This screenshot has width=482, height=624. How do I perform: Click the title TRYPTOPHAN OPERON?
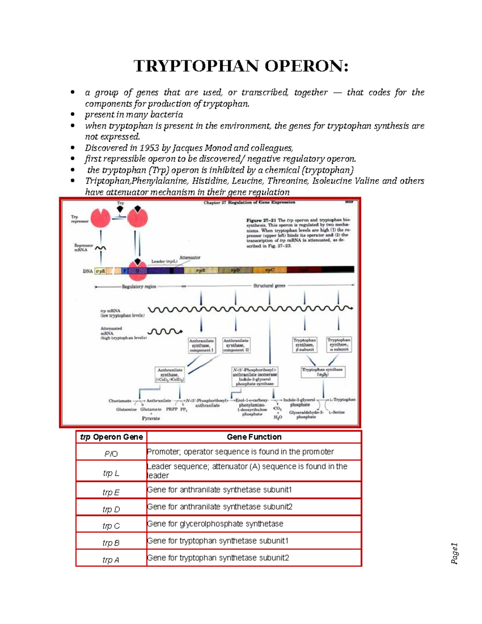pos(241,66)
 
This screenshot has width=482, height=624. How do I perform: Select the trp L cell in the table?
pos(111,473)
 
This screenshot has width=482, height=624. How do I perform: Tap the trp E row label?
pos(111,492)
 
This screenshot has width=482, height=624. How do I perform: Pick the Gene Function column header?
pos(254,437)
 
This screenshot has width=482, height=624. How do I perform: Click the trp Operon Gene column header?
pos(112,437)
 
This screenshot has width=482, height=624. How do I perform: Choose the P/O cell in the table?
pos(111,454)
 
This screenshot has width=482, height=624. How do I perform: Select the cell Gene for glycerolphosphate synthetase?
pos(215,524)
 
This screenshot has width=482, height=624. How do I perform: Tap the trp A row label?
pos(111,560)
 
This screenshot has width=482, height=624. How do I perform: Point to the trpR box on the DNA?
pos(100,271)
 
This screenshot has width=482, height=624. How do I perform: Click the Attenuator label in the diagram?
pos(190,258)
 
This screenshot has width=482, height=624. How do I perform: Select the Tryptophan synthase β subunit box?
pos(304,345)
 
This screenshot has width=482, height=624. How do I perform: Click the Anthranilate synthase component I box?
pos(201,345)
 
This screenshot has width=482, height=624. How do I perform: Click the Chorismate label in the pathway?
pos(120,401)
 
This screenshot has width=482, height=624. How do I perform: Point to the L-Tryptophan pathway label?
pos(343,400)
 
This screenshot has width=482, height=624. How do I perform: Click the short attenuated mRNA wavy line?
pos(165,332)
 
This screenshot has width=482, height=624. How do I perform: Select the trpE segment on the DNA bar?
pos(200,271)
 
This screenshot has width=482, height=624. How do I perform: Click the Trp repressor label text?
pos(80,219)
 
